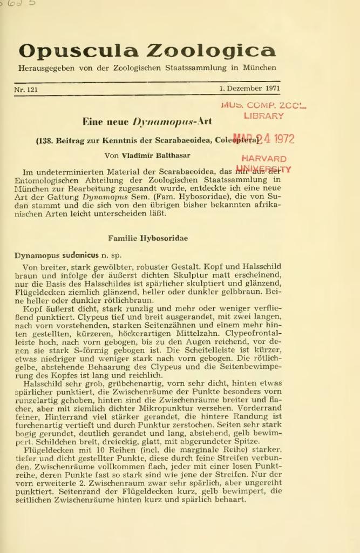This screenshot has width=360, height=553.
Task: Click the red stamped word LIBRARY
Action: pyautogui.click(x=264, y=116)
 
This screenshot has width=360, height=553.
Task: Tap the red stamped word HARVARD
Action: pyautogui.click(x=264, y=159)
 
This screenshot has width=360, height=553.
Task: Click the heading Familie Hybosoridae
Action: pyautogui.click(x=148, y=238)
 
